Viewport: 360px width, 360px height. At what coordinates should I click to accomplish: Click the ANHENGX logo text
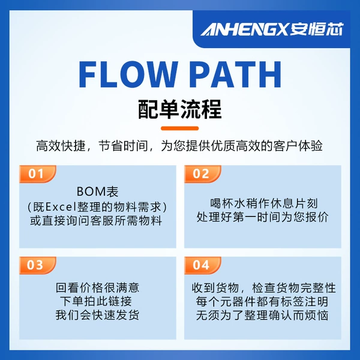pyautogui.click(x=244, y=29)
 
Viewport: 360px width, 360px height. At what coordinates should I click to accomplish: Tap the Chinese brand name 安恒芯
pyautogui.click(x=316, y=29)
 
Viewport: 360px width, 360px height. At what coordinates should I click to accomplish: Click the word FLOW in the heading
pyautogui.click(x=128, y=74)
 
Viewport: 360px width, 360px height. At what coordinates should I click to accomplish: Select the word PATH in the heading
pyautogui.click(x=236, y=74)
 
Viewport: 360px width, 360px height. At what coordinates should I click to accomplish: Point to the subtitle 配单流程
pyautogui.click(x=180, y=109)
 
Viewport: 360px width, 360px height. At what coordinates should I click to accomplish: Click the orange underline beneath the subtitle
pyautogui.click(x=180, y=128)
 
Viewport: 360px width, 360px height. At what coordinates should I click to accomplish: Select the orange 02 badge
pyautogui.click(x=203, y=174)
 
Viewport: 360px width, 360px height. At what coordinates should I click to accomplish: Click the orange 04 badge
pyautogui.click(x=203, y=265)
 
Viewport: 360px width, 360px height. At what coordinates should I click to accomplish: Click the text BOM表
pyautogui.click(x=97, y=191)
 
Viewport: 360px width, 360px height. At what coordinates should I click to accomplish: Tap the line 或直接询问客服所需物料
pyautogui.click(x=96, y=221)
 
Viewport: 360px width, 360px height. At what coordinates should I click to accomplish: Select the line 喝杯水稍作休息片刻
pyautogui.click(x=263, y=203)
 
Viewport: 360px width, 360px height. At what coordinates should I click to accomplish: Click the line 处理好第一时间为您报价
pyautogui.click(x=262, y=217)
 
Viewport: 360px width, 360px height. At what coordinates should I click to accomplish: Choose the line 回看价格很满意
pyautogui.click(x=97, y=287)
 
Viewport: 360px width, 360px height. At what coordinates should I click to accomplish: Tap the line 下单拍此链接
pyautogui.click(x=96, y=301)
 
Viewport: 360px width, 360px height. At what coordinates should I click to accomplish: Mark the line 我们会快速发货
pyautogui.click(x=97, y=315)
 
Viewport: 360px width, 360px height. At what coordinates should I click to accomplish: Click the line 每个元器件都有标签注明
pyautogui.click(x=262, y=302)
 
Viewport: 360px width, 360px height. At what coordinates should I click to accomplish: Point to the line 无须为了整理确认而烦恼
pyautogui.click(x=262, y=315)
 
